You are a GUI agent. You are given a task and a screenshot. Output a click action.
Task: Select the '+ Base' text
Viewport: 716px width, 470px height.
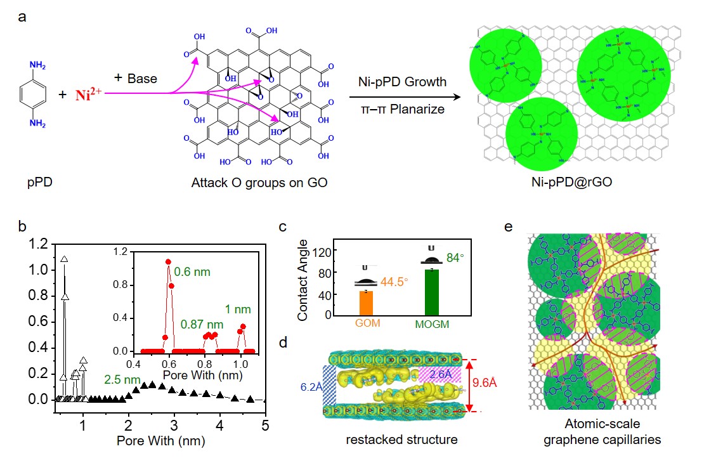point(136,78)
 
